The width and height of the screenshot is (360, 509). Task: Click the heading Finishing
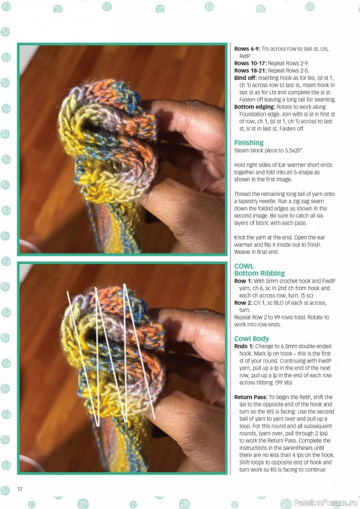click(249, 143)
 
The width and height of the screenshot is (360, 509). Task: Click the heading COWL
click(244, 266)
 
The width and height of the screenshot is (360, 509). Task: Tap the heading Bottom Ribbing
click(261, 273)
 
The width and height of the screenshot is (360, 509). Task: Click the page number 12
click(20, 489)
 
